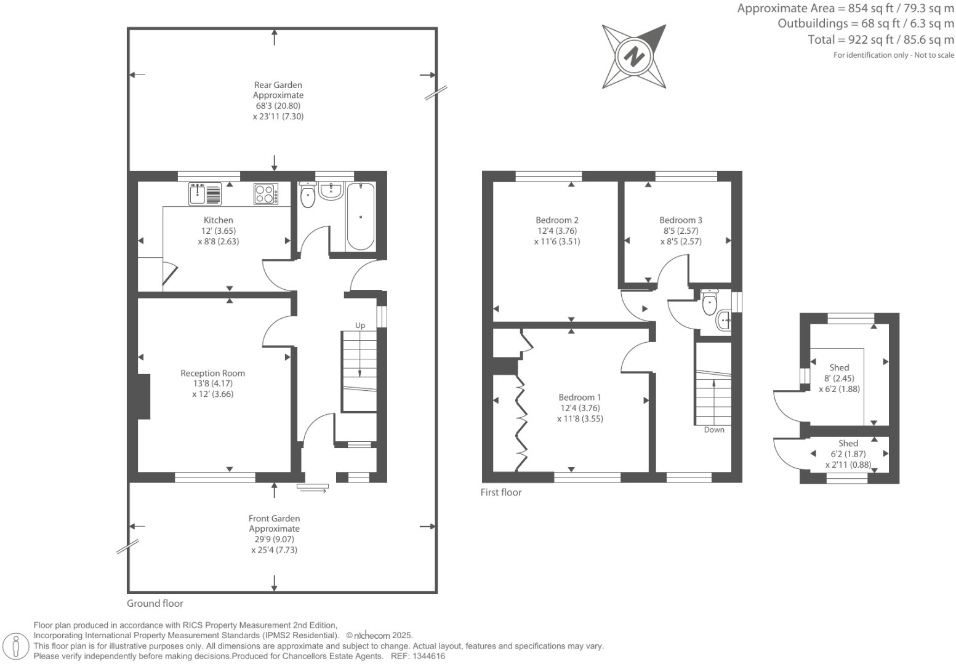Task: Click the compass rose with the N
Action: [x=634, y=57]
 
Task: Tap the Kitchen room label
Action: [x=219, y=220]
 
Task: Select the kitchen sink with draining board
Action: [x=205, y=194]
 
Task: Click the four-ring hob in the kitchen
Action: [x=266, y=194]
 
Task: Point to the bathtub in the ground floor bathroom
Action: [x=360, y=217]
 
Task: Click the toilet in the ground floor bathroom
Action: [x=307, y=195]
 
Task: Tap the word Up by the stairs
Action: [x=360, y=326]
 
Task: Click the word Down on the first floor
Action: [x=714, y=430]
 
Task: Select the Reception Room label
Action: [x=212, y=373]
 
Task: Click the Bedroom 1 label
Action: [x=580, y=398]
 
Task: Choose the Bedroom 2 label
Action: [x=557, y=220]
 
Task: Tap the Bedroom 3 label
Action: [x=681, y=220]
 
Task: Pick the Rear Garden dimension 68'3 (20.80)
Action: [x=278, y=106]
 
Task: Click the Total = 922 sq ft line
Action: [x=880, y=40]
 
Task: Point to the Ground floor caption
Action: [x=155, y=604]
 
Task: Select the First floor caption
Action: [x=501, y=492]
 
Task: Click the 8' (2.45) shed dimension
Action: [x=839, y=378]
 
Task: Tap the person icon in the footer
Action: [x=17, y=647]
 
